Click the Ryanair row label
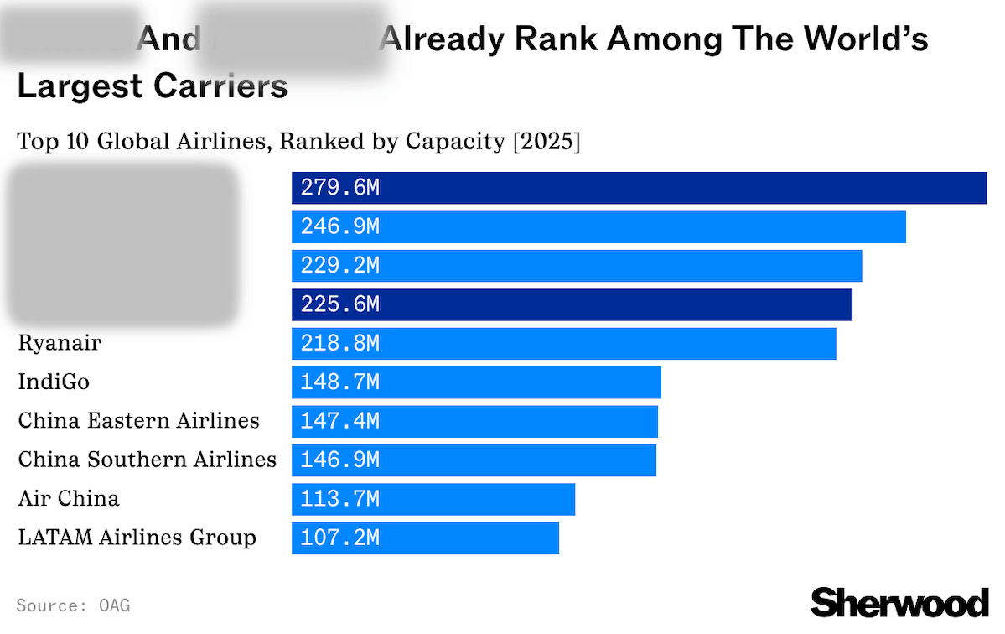coord(60,343)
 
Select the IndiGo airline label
coord(54,382)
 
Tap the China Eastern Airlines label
coord(139,421)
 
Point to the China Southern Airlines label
coord(148,460)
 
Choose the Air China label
coord(69,499)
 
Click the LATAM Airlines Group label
coord(137,538)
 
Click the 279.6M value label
coord(339,188)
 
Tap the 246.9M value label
coord(339,227)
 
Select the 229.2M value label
coord(339,266)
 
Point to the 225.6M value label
coord(339,304)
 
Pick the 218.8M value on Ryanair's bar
coord(339,344)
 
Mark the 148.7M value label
coord(339,382)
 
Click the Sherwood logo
coord(899,602)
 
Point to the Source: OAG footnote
coord(73,605)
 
